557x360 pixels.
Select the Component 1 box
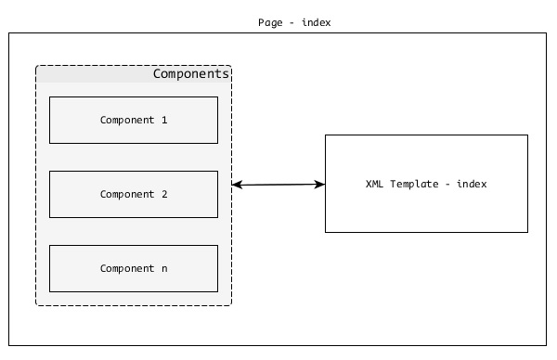point(133,120)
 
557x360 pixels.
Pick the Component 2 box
point(133,194)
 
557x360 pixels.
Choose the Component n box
point(133,268)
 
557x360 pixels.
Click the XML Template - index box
point(426,184)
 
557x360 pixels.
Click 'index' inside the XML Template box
point(472,184)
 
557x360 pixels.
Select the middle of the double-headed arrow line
point(278,185)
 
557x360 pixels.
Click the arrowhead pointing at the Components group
point(237,186)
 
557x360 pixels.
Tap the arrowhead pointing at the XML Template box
point(320,185)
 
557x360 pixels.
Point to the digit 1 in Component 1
point(164,120)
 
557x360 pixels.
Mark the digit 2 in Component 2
point(164,194)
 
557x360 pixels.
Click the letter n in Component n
point(164,269)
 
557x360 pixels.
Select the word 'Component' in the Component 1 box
point(127,120)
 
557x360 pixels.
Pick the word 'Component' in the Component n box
point(127,268)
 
